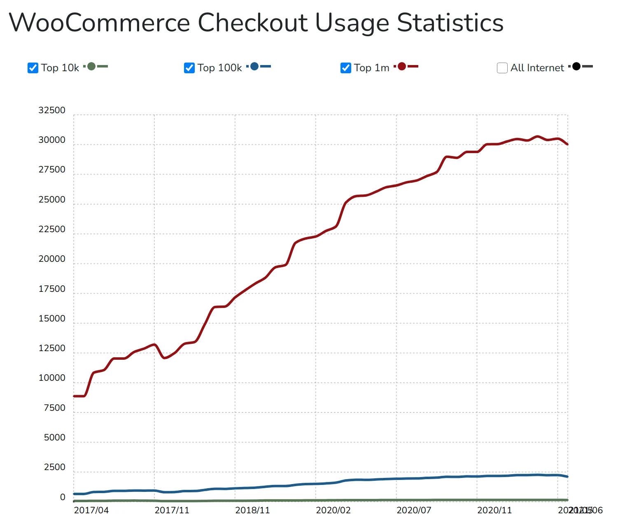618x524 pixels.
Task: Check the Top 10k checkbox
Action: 33,68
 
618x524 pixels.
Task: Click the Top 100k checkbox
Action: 189,68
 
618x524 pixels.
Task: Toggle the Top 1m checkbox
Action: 346,68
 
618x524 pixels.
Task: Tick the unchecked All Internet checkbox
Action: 502,68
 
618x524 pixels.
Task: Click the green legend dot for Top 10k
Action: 91,66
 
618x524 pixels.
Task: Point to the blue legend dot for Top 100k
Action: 254,66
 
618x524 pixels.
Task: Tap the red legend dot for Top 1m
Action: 402,66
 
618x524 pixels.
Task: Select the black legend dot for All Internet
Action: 576,66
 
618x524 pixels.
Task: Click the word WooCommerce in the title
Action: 99,23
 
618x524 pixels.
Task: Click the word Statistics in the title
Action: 450,23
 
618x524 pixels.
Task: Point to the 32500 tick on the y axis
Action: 52,110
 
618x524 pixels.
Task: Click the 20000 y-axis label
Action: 52,259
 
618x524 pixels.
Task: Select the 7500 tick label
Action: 54,408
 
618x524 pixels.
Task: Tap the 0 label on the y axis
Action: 63,497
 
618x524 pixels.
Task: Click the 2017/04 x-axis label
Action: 91,510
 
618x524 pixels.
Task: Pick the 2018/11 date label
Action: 252,510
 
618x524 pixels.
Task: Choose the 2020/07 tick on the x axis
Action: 414,510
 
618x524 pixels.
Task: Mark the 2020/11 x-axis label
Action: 494,510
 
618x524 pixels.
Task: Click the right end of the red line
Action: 567,144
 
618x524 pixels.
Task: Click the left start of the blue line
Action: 75,494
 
